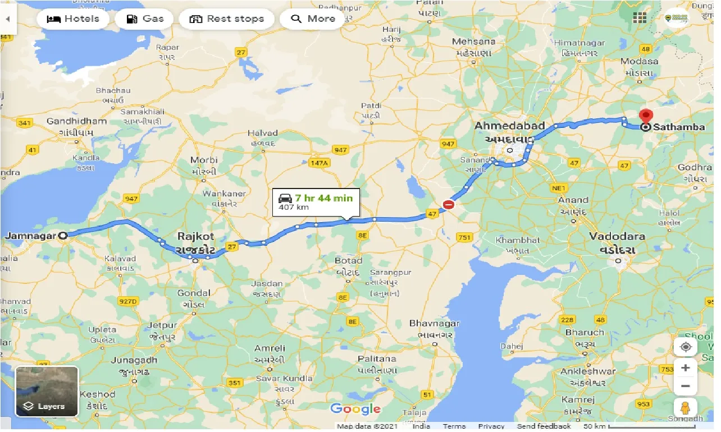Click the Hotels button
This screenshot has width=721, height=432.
[x=73, y=19]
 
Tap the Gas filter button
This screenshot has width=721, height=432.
[x=145, y=19]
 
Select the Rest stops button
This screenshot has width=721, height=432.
[x=226, y=19]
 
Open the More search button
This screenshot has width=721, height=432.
[x=313, y=19]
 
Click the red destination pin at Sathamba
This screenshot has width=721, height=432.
[x=646, y=117]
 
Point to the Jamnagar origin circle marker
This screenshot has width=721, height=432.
[x=63, y=236]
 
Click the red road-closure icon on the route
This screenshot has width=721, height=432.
[x=448, y=205]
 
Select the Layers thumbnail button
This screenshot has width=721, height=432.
[x=47, y=391]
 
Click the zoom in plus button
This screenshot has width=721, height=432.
[x=686, y=368]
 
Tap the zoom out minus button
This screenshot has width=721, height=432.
[x=686, y=387]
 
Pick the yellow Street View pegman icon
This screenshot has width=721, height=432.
[x=686, y=408]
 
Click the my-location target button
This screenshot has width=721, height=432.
[x=686, y=347]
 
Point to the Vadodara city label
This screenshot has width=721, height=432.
[x=617, y=237]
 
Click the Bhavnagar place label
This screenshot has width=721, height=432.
[x=434, y=323]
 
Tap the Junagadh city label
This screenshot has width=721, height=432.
[x=134, y=360]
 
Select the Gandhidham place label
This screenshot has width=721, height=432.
[x=76, y=121]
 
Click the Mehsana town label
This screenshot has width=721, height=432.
[x=474, y=42]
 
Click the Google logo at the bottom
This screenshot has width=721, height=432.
[x=355, y=409]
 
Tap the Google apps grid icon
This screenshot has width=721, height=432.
[x=640, y=17]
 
